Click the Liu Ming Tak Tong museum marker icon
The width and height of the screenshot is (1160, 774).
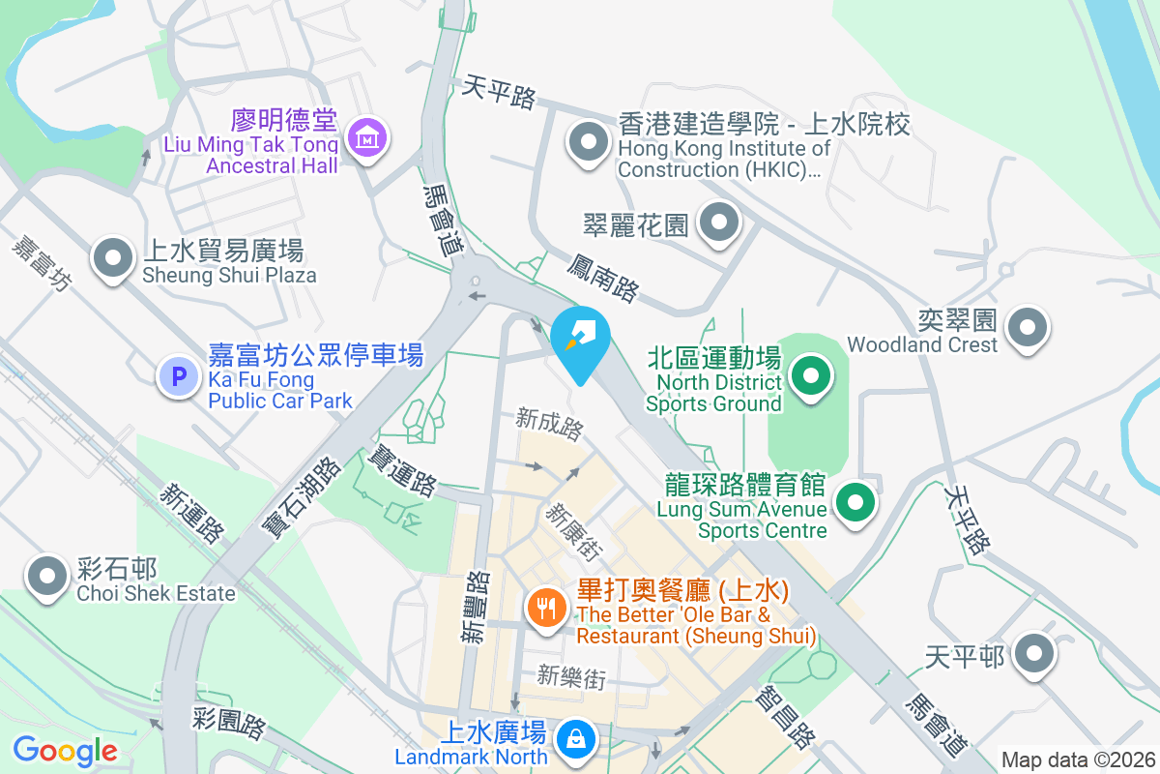367,139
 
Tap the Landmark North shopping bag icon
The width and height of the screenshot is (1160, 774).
576,739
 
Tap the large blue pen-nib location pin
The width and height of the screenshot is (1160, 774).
580,341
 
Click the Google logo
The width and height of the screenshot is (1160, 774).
65,751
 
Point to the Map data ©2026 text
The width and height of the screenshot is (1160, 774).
1077,759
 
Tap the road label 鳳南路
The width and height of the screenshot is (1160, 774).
603,276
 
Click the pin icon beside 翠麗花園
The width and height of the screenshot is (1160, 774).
718,223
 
